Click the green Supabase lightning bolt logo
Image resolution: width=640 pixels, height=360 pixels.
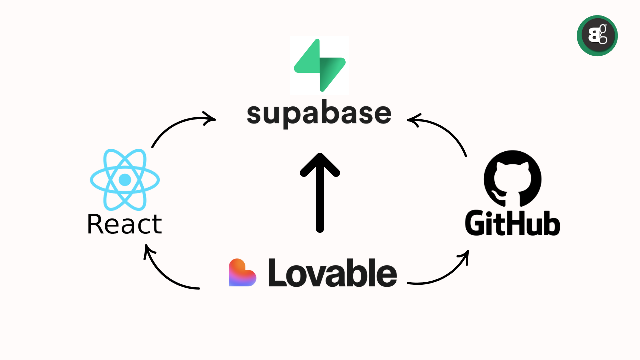[x=320, y=65]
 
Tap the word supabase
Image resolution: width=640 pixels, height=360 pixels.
[x=319, y=114]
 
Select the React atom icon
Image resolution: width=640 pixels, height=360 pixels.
[x=125, y=179]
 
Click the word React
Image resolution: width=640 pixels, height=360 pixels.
[x=125, y=224]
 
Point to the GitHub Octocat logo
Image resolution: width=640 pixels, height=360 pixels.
[x=513, y=179]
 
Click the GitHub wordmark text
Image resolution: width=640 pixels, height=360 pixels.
[x=513, y=225]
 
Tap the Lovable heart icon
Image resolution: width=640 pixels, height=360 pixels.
[x=242, y=273]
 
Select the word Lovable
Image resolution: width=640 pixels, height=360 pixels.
[x=333, y=273]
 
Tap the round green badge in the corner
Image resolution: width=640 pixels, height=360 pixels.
[x=597, y=36]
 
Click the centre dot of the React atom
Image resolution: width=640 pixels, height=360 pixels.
[x=125, y=179]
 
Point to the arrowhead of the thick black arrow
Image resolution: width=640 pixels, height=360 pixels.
[x=320, y=165]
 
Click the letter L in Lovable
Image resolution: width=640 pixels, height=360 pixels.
[x=277, y=273]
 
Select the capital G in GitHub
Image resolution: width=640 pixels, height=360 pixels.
[x=475, y=225]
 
